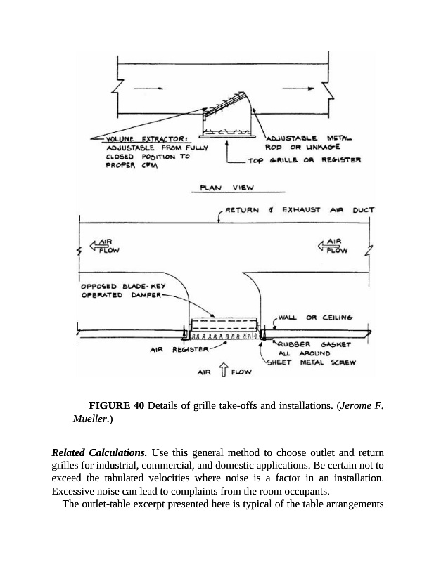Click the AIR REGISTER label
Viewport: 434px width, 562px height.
[177, 349]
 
